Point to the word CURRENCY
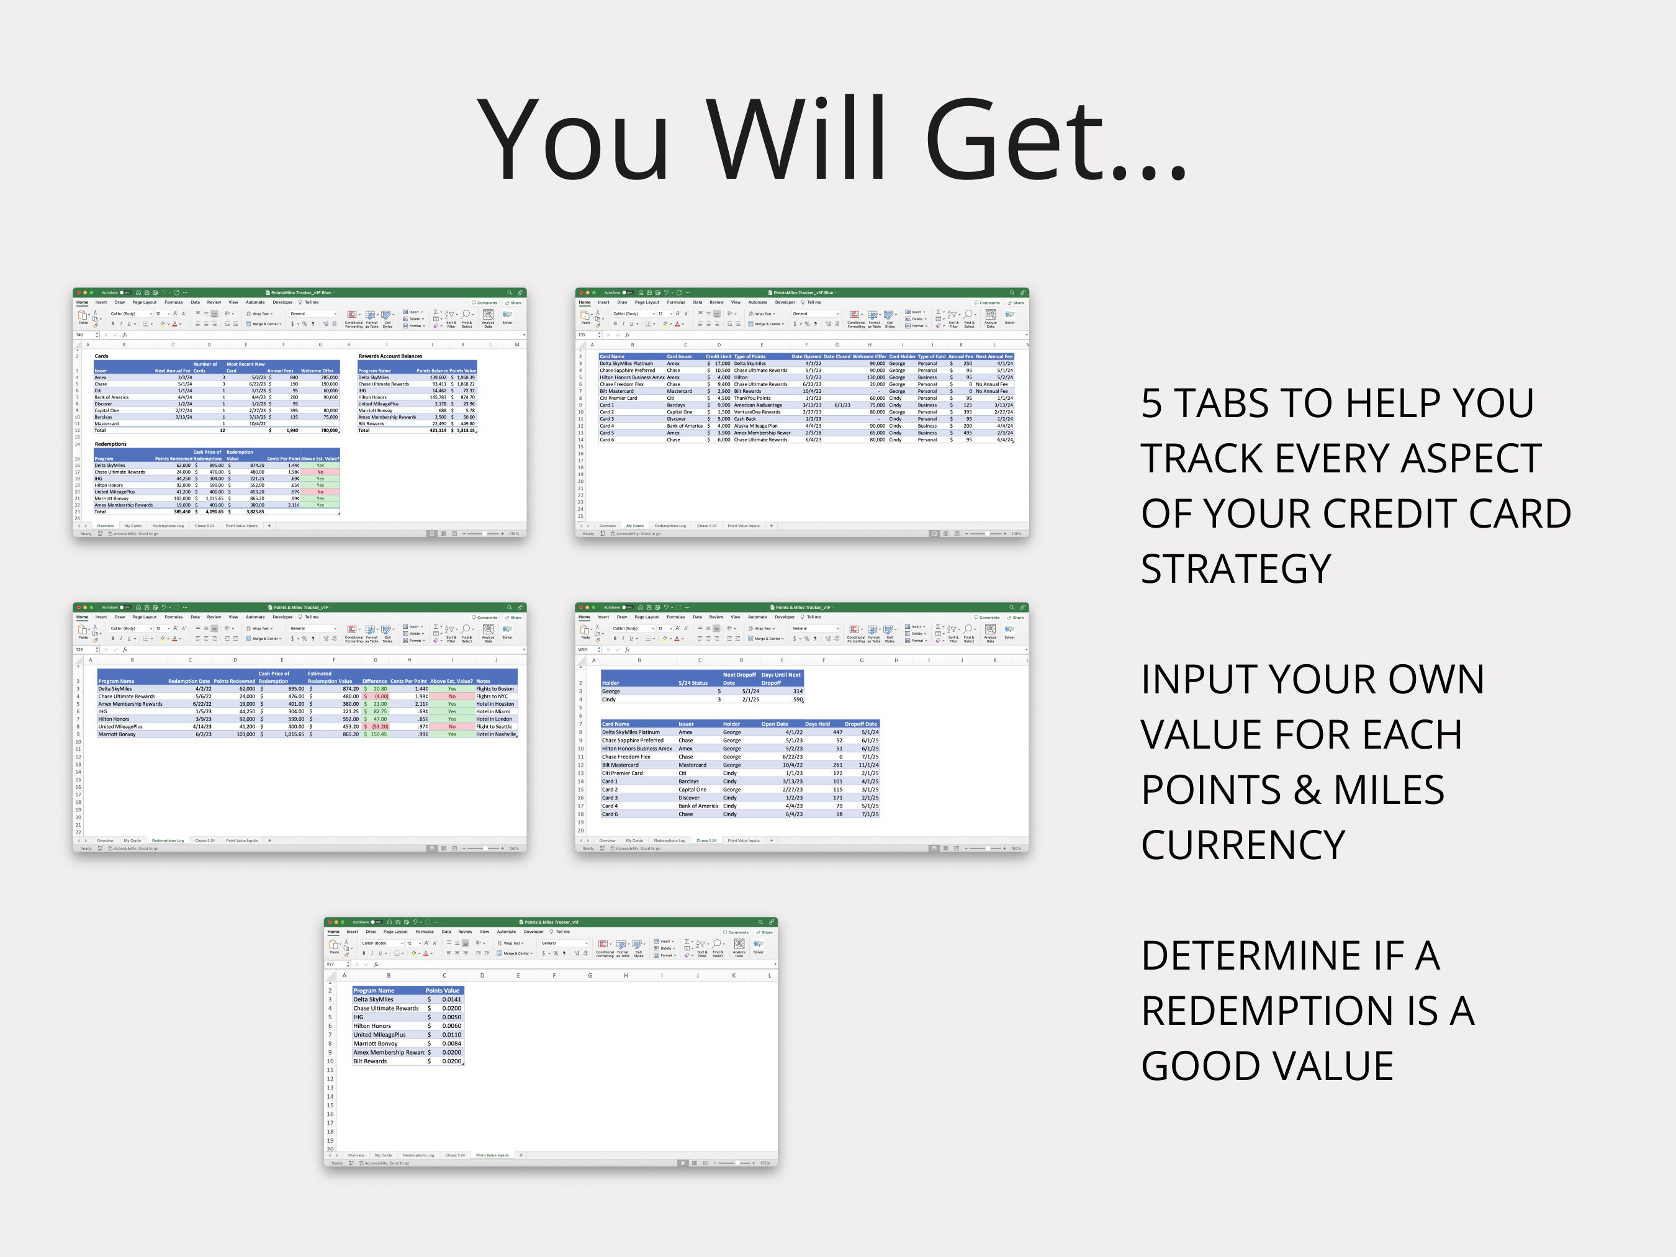[1243, 845]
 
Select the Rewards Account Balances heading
[390, 356]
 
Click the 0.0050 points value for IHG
[451, 1017]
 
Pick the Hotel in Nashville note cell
[495, 734]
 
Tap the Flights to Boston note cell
[495, 689]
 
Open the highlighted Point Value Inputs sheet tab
[492, 1155]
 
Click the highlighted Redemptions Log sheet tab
[168, 840]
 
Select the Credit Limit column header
[718, 356]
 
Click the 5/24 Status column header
[693, 683]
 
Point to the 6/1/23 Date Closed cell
[842, 405]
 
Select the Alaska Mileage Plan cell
[755, 426]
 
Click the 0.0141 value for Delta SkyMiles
[451, 999]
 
